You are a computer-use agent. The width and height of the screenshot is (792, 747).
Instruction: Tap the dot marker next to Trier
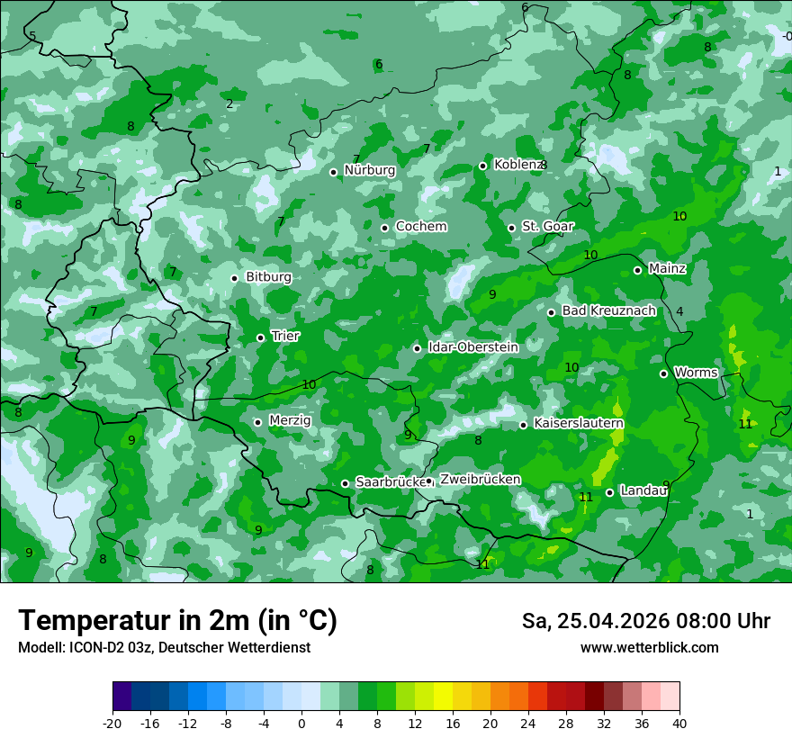coord(260,337)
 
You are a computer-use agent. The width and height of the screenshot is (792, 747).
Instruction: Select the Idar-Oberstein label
coord(472,347)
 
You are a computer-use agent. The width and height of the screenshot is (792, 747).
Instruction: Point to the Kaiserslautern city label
coord(578,423)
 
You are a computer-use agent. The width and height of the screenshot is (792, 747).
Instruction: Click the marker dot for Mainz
coord(637,270)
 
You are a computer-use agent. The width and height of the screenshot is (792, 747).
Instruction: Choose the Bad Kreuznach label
coord(608,310)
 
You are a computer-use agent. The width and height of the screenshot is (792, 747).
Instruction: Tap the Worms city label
coord(696,373)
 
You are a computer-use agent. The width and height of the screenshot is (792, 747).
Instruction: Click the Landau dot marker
coord(609,492)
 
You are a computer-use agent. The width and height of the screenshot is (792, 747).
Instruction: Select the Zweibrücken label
coord(480,480)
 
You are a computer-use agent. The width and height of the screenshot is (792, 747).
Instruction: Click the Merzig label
coord(290,420)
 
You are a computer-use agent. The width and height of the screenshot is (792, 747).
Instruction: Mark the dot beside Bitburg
coord(234,278)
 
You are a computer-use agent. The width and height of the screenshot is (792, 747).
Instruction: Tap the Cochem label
coord(421,227)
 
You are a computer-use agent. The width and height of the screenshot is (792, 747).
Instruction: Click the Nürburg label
coord(369,170)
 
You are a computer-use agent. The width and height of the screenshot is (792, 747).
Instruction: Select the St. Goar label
coord(547,227)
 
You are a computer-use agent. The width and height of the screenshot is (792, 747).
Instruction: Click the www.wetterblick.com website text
coord(649,648)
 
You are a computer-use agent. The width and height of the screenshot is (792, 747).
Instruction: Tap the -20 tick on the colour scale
coord(112,723)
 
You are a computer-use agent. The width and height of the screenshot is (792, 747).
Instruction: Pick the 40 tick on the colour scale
coord(679,723)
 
